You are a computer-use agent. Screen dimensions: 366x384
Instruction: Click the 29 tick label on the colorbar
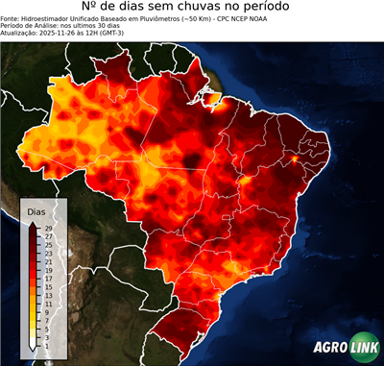point(48,227)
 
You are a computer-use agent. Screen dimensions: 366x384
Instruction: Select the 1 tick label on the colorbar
point(48,344)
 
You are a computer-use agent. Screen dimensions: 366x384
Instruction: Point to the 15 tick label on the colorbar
point(48,286)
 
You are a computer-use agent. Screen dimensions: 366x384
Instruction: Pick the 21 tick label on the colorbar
point(48,261)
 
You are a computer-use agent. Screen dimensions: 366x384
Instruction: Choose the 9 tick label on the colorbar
point(48,311)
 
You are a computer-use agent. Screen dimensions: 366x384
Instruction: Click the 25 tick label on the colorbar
point(48,244)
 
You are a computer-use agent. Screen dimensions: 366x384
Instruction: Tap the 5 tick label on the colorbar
point(48,328)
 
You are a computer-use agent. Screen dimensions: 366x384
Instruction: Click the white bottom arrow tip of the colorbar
point(33,348)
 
